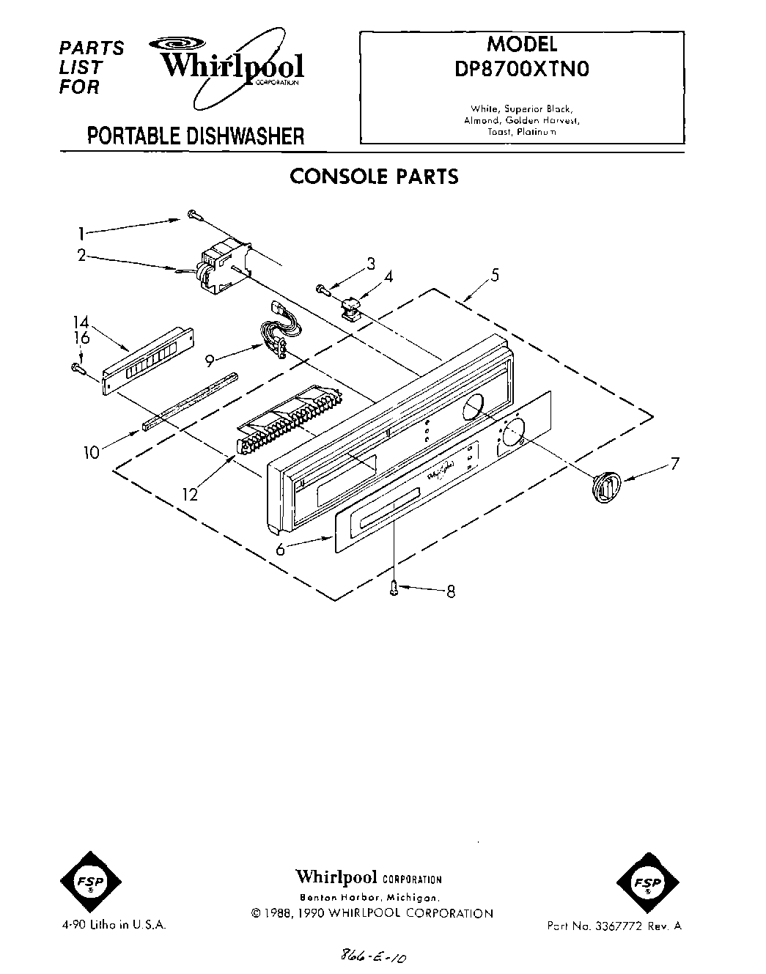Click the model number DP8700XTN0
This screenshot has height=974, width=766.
pos(522,68)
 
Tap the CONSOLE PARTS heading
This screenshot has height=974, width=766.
pos(374,177)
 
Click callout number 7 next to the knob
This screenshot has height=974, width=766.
pos(674,463)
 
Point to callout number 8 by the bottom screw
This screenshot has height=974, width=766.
pos(451,591)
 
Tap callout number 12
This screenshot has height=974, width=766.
pos(190,495)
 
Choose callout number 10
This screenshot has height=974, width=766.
pos(92,452)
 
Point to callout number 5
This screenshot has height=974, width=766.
pos(495,275)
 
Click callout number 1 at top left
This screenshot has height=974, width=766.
pos(81,234)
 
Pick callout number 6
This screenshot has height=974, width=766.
pos(280,549)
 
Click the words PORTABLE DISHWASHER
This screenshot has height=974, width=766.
pos(195,136)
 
